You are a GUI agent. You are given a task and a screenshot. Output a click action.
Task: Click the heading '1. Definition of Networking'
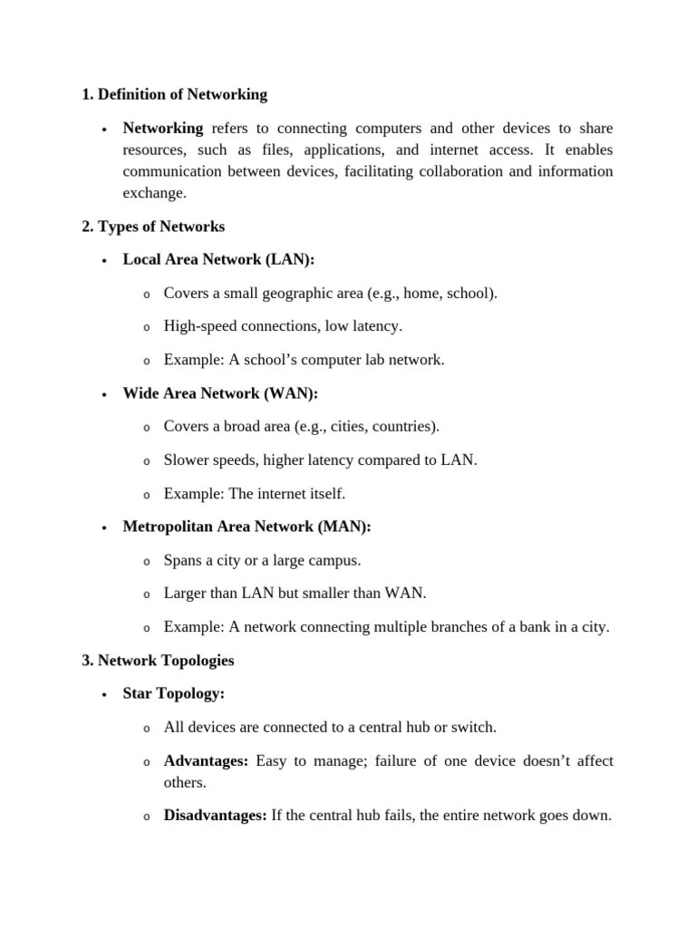pos(174,94)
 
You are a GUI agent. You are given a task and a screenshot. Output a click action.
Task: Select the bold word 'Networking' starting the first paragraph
pos(163,128)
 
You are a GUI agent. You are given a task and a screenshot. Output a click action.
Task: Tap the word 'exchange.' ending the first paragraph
pos(154,193)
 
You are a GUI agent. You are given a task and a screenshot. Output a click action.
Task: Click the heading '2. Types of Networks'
pos(152,227)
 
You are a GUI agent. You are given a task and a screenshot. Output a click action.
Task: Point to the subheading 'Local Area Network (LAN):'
pos(218,260)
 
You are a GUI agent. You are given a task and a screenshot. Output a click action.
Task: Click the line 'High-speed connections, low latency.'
pos(283,326)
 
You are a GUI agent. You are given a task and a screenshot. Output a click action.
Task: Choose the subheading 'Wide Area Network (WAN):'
pos(220,393)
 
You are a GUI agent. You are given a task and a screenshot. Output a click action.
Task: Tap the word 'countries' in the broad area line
pos(405,426)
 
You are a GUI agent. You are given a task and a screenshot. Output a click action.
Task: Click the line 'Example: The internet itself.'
pos(255,494)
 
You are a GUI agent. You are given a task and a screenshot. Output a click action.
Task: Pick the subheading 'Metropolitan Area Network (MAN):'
pos(246,527)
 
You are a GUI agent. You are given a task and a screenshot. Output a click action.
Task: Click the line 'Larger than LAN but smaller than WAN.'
pos(295,594)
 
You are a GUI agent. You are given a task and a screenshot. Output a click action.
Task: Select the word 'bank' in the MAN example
pos(527,627)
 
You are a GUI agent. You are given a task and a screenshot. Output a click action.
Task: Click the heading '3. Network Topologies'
pos(158,661)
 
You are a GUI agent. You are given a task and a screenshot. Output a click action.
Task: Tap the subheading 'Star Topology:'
pos(173,694)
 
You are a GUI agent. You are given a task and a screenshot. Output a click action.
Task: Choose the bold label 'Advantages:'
pos(206,761)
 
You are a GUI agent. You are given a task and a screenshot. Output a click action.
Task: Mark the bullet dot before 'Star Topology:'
pos(105,695)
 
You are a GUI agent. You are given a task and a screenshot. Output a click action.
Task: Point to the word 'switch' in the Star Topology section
pos(473,727)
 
